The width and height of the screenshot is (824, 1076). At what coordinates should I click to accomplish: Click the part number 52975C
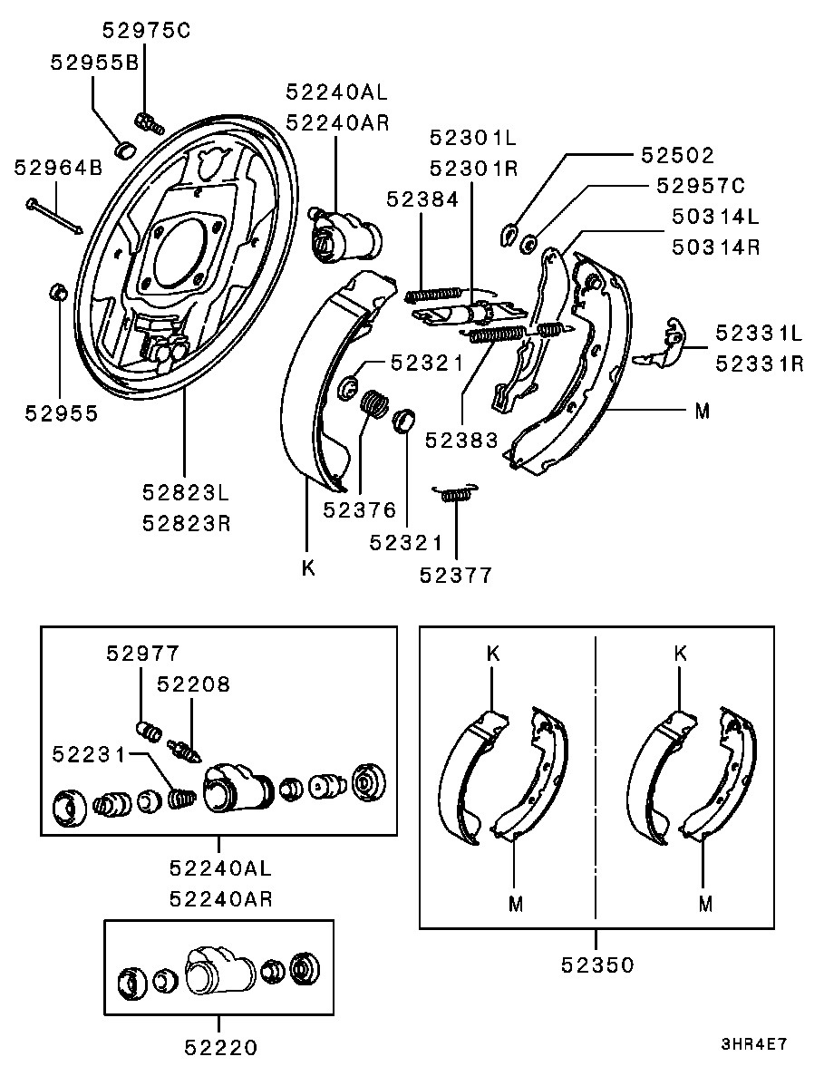pyautogui.click(x=146, y=30)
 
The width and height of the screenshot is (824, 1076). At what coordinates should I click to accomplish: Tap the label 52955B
pyautogui.click(x=93, y=63)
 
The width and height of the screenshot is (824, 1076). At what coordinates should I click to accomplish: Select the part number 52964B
pyautogui.click(x=58, y=168)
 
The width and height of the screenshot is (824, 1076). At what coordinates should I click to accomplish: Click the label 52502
pyautogui.click(x=678, y=156)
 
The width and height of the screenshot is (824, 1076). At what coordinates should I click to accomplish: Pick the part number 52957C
pyautogui.click(x=700, y=186)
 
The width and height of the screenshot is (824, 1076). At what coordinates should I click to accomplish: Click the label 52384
pyautogui.click(x=424, y=199)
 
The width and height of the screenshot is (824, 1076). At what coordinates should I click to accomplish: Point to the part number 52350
pyautogui.click(x=596, y=965)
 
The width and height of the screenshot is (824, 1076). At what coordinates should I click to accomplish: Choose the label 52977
pyautogui.click(x=142, y=653)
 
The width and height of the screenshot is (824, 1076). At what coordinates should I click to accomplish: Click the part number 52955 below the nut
pyautogui.click(x=61, y=412)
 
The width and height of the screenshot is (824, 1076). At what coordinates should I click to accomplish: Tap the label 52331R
pyautogui.click(x=759, y=364)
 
